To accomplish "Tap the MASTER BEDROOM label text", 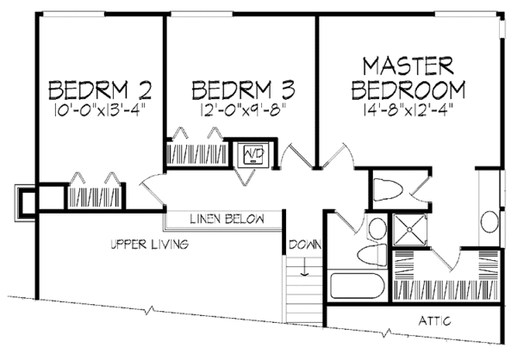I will click(x=408, y=78).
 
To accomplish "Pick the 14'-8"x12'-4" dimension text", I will click(x=408, y=109).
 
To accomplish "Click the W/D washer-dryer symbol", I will click(x=254, y=154).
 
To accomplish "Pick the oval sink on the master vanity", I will click(x=489, y=223).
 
